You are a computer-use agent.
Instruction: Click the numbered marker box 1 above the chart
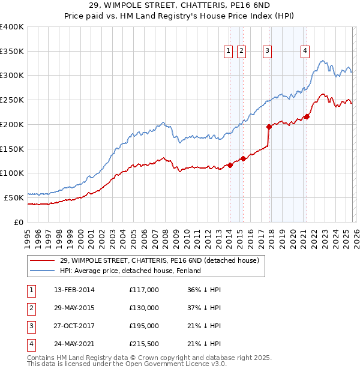229,52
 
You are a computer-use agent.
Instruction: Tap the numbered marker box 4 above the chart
305,52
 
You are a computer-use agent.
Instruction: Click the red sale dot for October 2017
269,127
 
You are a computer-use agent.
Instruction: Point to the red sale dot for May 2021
307,116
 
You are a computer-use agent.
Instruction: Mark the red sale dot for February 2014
230,165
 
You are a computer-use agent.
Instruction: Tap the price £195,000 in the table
144,326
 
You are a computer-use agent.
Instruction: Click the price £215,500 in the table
144,344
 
